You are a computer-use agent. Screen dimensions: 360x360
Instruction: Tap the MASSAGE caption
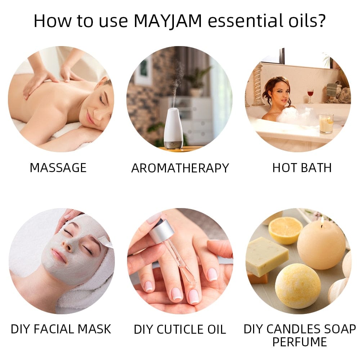[x=58, y=168]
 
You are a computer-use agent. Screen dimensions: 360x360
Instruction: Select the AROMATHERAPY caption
[x=180, y=168]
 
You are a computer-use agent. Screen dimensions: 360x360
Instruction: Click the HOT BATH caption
[x=302, y=168]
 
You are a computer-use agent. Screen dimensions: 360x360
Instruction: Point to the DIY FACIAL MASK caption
[x=61, y=329]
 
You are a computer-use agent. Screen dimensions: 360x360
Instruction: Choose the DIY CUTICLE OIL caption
[x=180, y=329]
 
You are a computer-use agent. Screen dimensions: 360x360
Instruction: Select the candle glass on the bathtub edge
[x=326, y=123]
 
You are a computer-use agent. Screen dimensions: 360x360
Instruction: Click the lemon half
[x=285, y=230]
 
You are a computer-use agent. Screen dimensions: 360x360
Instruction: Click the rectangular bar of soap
[x=266, y=256]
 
